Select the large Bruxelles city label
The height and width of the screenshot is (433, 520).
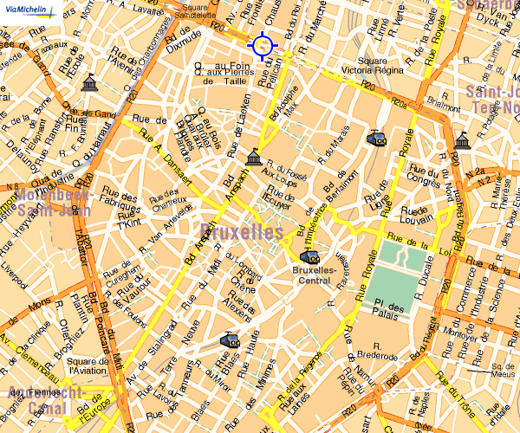[241, 232]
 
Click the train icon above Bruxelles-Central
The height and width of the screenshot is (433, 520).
[309, 256]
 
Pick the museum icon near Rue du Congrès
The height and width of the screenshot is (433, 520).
[463, 140]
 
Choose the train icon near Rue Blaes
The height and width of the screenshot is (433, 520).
[230, 340]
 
